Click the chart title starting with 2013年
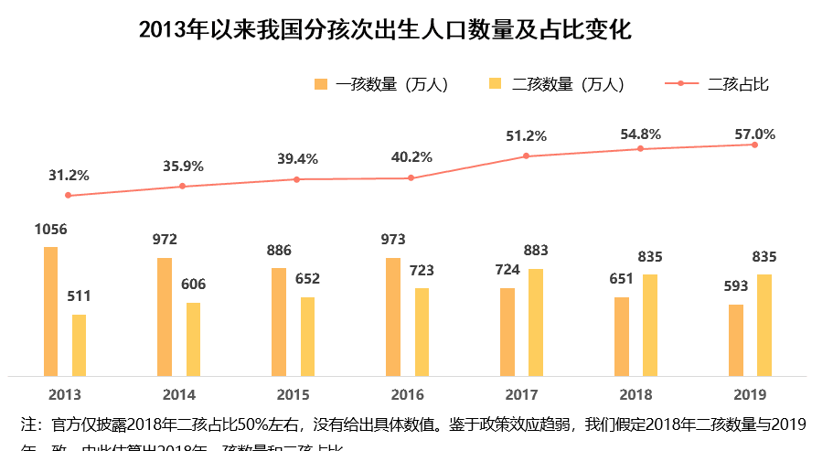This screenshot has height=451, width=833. point(385,29)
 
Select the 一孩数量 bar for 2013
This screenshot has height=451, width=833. point(50,311)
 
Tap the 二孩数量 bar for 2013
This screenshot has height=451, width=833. point(80,345)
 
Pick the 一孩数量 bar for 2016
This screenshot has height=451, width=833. point(393,317)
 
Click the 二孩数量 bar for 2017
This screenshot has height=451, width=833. point(536,322)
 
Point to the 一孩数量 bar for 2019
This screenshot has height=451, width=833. point(735,339)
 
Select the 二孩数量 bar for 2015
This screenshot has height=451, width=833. point(308,336)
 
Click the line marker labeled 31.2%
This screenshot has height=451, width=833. point(68,196)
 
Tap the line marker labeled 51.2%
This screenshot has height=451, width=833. point(526,156)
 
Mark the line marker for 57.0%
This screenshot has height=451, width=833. point(754,145)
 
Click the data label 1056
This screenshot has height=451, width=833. point(51,230)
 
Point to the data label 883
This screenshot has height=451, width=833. point(536,251)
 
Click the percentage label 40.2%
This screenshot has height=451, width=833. point(411,157)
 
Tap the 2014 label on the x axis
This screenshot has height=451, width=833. point(179,395)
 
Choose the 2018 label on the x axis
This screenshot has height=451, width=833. point(635,395)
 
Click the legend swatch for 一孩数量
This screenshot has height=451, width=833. point(320,85)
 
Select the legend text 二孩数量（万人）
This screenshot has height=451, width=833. point(568,85)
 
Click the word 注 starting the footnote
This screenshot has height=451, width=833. point(28,425)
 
